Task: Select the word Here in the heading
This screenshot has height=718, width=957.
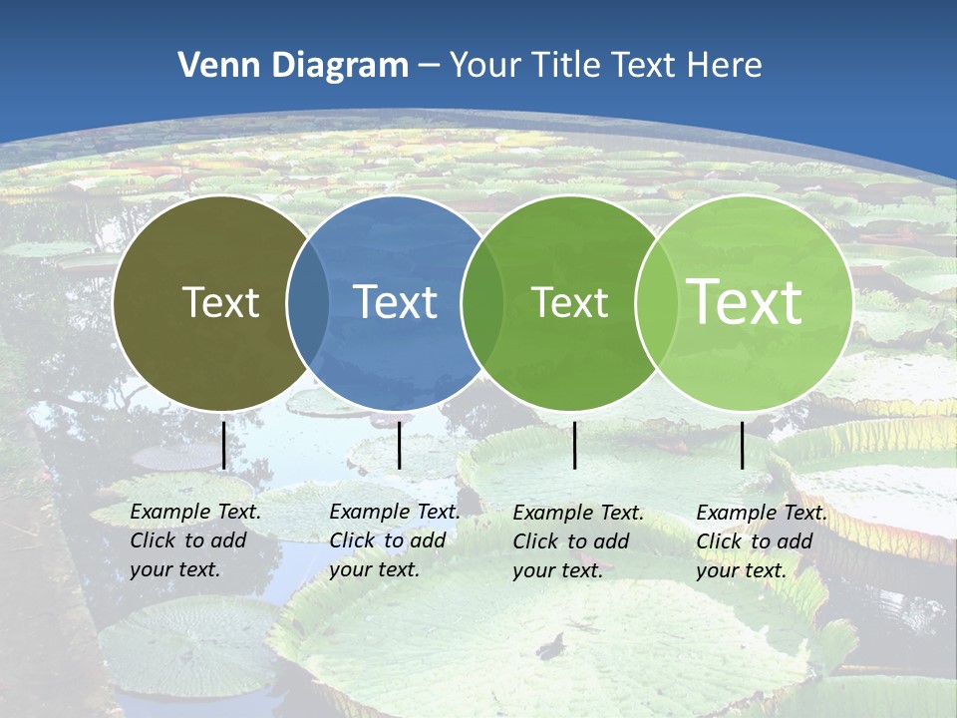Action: coord(725,66)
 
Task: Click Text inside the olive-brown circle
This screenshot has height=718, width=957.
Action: coord(220,302)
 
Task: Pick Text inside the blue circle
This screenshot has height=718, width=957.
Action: coord(395,302)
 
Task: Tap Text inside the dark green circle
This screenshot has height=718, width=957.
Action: coord(569,302)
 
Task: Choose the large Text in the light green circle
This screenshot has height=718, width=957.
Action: coord(744,302)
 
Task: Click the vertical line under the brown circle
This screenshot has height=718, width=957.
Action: coord(224,445)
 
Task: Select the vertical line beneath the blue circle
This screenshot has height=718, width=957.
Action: coord(399,445)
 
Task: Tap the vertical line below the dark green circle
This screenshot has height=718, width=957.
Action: coord(575,445)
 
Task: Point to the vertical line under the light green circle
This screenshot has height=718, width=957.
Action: coord(742,445)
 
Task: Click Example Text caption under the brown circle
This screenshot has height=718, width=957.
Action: coord(195,512)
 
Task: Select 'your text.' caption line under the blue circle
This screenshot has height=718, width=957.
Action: coord(374,569)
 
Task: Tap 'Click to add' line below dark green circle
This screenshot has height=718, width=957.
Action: coord(571,541)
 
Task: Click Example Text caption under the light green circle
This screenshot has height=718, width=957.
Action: coord(762,513)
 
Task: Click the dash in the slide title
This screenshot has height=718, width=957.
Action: coord(429,67)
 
